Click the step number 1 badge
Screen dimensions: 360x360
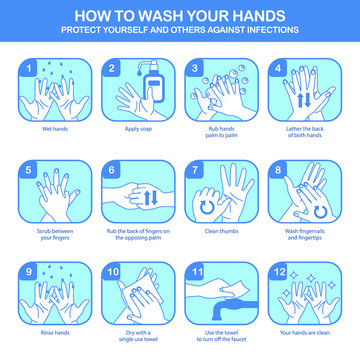point(31,67)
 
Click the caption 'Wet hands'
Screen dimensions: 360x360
point(56,130)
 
